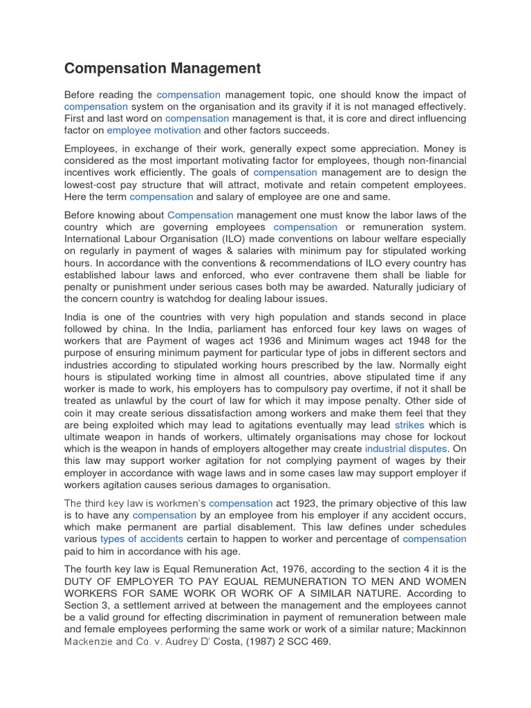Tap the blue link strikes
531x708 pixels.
(x=409, y=425)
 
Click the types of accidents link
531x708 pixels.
(x=142, y=539)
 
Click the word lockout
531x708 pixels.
(x=447, y=437)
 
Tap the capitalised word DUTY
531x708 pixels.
(x=82, y=581)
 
